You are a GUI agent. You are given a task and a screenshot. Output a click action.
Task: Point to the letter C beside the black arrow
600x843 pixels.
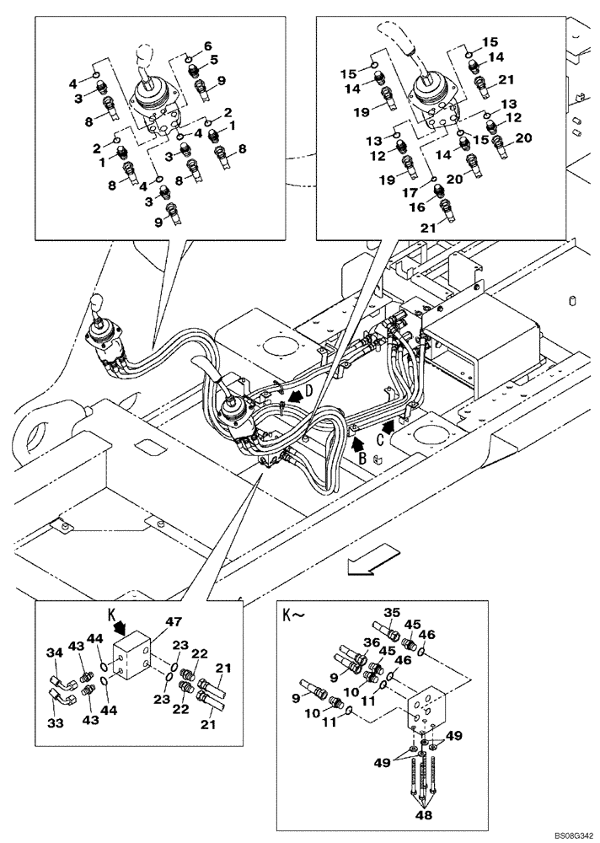tap(381, 438)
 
